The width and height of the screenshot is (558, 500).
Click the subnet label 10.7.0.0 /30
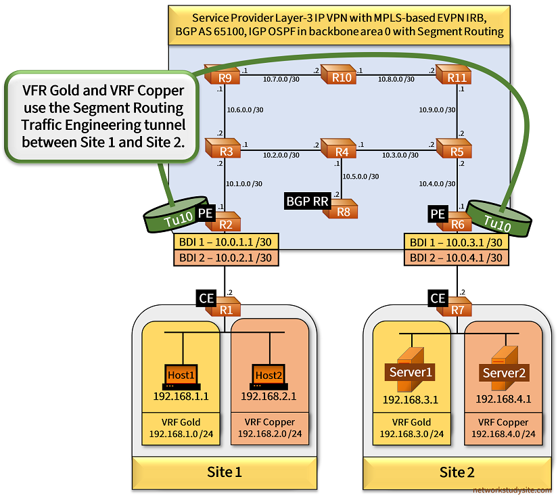[281, 78]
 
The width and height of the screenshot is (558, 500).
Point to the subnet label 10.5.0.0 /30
[361, 177]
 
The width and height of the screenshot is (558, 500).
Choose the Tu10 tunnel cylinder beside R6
[499, 219]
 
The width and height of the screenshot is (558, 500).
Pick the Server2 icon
[504, 371]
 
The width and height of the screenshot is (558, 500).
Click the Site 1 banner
[225, 472]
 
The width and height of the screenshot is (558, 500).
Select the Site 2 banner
[457, 472]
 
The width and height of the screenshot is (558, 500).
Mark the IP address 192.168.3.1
[411, 400]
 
